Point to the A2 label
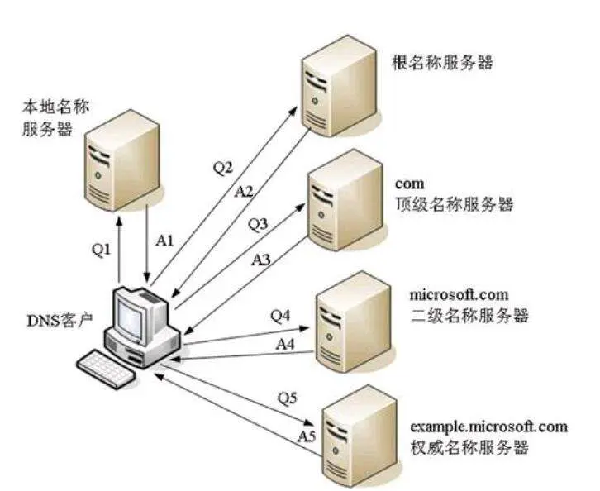244,191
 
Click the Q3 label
259,223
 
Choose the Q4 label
282,315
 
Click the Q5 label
287,398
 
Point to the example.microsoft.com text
488,427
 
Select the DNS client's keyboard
105,369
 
